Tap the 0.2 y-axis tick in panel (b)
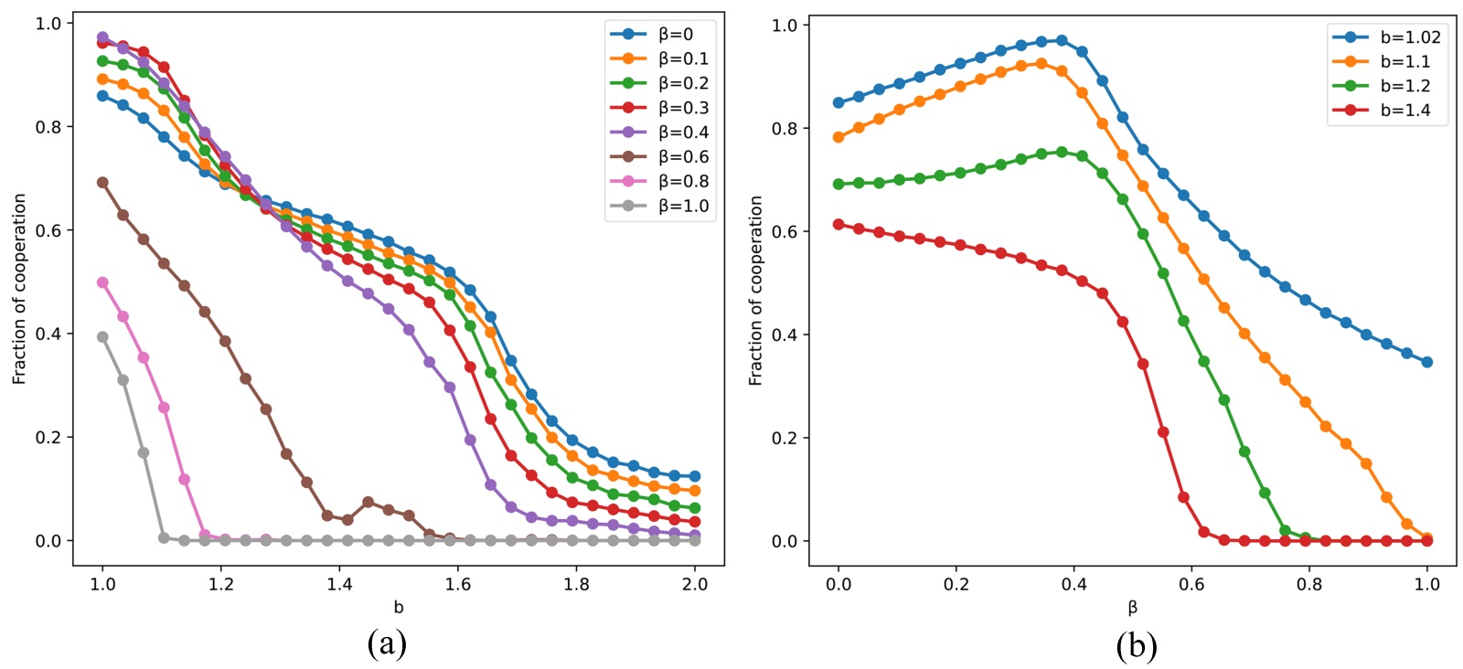[785, 439]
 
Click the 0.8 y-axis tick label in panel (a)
[48, 127]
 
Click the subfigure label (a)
[387, 644]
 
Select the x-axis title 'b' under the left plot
[399, 608]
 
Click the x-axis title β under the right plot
[1133, 608]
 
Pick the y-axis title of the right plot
[756, 291]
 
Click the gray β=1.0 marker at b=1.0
[102, 337]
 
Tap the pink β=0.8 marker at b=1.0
[102, 283]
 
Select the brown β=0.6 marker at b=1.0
[102, 183]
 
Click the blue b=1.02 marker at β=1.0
[1427, 363]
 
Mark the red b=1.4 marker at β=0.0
[838, 225]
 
